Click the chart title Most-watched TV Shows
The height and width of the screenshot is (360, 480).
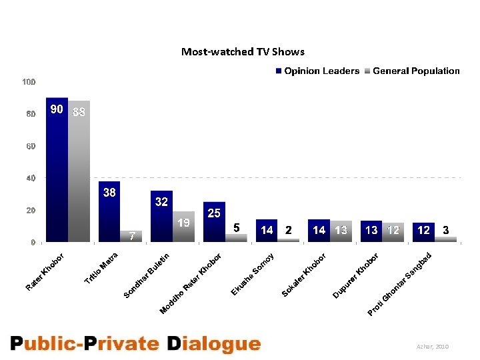point(243,51)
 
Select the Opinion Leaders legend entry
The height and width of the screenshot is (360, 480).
point(317,71)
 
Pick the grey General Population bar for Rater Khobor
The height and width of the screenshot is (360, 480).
point(79,173)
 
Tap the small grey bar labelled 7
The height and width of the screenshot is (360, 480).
point(131,236)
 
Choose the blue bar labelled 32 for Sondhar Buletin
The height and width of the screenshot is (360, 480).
point(161,217)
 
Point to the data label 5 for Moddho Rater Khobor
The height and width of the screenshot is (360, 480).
point(236,228)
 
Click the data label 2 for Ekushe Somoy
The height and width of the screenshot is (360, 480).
point(288,230)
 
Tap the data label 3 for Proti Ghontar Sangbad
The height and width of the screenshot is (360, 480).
point(446,229)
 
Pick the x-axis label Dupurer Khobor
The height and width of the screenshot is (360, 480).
point(356,275)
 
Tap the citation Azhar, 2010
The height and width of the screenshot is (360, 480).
point(433,347)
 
